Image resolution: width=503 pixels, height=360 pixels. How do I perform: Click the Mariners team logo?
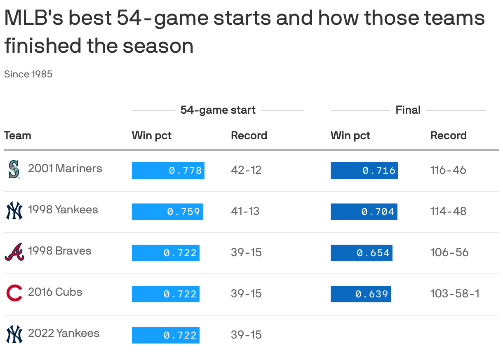[x=14, y=169]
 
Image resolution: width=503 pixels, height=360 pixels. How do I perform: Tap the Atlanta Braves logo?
[x=14, y=252]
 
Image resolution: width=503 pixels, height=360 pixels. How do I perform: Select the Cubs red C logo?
[x=14, y=293]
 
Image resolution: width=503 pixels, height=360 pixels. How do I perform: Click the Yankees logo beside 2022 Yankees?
[x=14, y=334]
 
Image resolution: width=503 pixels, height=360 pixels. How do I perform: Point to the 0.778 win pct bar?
[x=168, y=171]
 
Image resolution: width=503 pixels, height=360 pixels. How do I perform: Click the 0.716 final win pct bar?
[x=364, y=171]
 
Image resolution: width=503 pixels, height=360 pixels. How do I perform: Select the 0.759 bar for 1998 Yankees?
[x=167, y=212]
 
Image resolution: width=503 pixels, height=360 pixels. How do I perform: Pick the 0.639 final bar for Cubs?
[x=360, y=294]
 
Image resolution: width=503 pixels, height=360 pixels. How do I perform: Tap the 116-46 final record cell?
[x=448, y=170]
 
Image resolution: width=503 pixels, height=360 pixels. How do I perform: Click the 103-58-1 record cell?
[x=455, y=294]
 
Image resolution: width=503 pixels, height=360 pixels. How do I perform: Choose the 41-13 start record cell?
[x=245, y=211]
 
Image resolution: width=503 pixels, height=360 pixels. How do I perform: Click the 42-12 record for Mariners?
[x=246, y=170]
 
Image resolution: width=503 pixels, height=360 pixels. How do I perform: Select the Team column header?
[x=18, y=136]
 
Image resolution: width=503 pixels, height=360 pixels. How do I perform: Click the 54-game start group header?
[x=218, y=110]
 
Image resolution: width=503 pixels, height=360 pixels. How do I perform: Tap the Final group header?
[x=408, y=110]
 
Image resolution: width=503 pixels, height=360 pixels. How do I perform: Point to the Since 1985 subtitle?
[x=28, y=75]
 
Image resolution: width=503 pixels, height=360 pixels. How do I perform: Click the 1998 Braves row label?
[x=59, y=251]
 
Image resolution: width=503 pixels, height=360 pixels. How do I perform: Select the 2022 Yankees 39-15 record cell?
[x=246, y=335]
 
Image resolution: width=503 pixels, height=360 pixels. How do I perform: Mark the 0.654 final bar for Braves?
[x=362, y=253]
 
